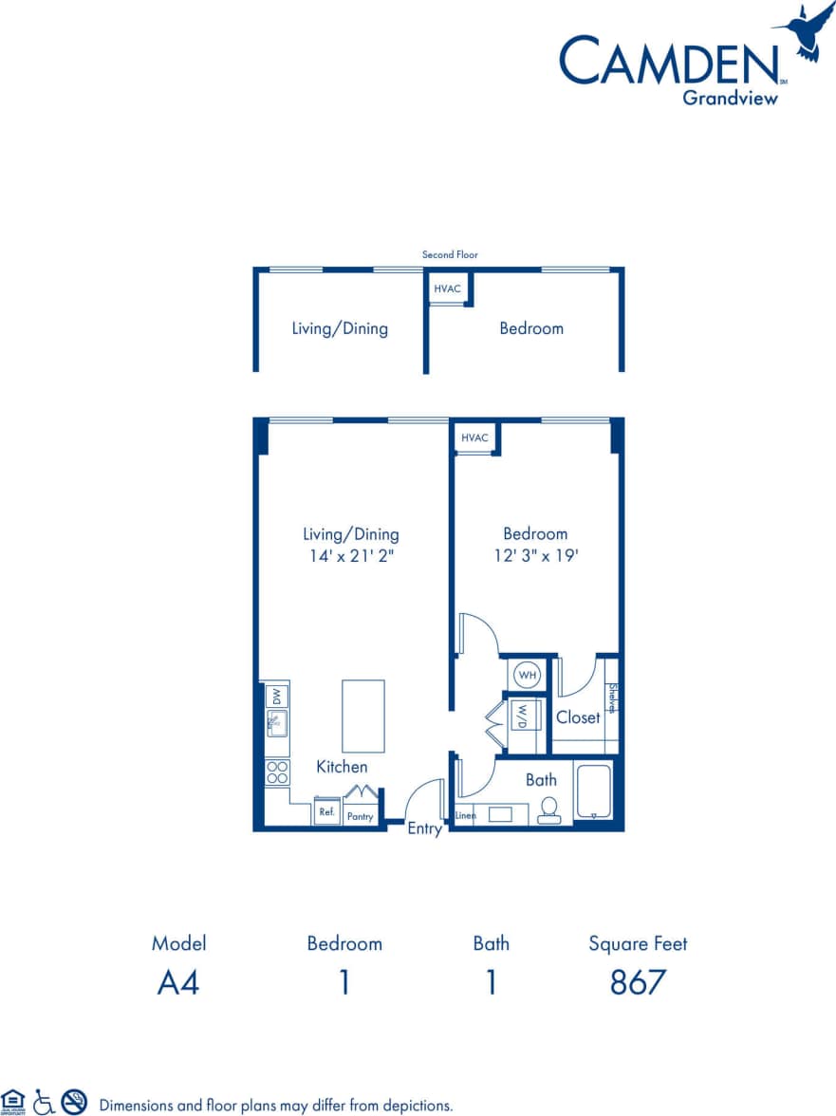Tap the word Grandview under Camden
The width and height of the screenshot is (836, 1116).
coord(730,96)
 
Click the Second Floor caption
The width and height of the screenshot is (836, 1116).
coord(450,254)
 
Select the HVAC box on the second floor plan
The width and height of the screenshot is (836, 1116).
coord(448,288)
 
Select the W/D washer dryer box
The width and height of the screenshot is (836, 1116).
coord(522,716)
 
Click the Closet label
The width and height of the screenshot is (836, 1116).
coord(578,717)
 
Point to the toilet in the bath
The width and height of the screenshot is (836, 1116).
coord(548,809)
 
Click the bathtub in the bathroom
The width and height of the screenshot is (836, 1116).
coord(595,791)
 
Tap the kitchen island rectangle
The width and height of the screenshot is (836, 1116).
coord(363,716)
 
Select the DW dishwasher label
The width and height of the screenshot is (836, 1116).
coord(277,696)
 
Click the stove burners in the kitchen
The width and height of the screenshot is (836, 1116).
coord(277,772)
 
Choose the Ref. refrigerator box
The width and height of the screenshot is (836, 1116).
coord(326,813)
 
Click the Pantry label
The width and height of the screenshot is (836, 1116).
coord(360,816)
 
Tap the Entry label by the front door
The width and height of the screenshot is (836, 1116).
coord(424,829)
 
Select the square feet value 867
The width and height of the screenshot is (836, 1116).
coord(638,982)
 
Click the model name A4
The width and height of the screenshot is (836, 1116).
coord(178,982)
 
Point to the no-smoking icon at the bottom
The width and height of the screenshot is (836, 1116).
coord(74,1101)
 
